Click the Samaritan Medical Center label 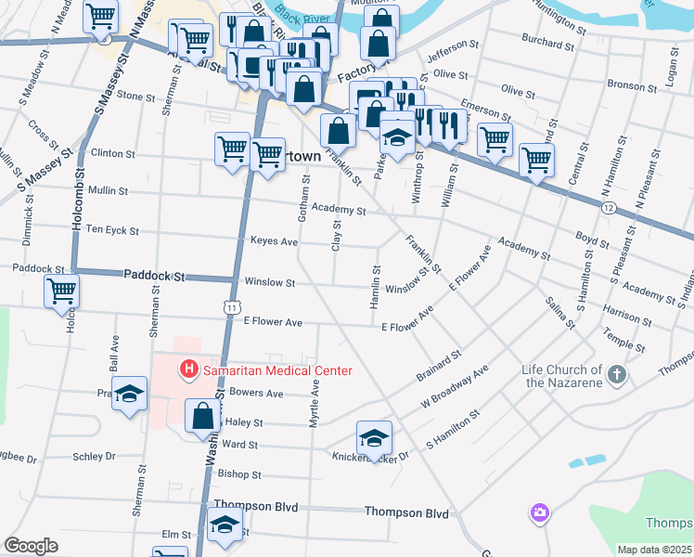(x=276, y=370)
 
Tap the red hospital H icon (x=189, y=370)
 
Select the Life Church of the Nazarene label (x=562, y=376)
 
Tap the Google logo (x=31, y=546)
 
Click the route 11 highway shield (x=232, y=305)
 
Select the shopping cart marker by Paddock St (x=61, y=291)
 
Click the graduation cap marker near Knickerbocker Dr (x=374, y=438)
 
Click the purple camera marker (x=539, y=512)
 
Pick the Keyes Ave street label (x=274, y=241)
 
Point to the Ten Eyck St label (x=112, y=230)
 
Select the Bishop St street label (x=240, y=474)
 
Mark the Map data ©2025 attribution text (x=653, y=550)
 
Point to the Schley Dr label (x=95, y=457)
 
